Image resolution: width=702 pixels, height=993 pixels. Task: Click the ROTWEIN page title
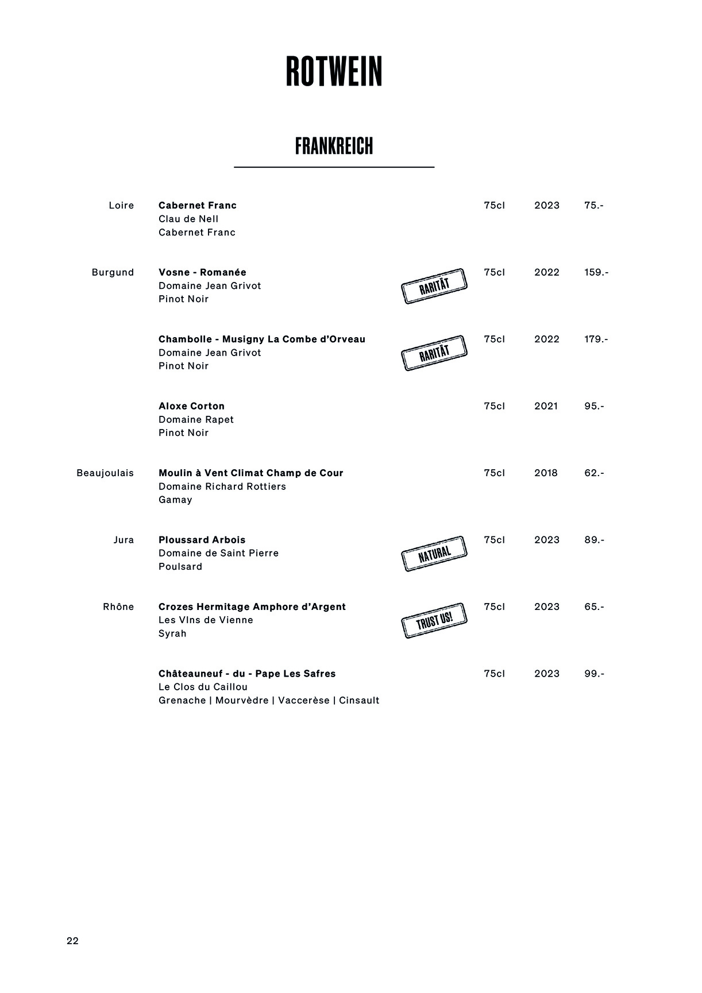334,72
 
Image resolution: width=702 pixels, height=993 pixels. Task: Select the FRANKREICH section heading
334,146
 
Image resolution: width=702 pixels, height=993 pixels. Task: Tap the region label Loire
121,206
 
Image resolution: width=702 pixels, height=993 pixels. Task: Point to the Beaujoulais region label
105,473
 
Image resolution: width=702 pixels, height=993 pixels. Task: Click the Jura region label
124,540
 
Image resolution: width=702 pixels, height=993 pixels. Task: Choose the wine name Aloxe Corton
191,406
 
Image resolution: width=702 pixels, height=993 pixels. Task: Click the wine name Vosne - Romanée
202,272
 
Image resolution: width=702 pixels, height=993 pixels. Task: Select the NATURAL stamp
434,554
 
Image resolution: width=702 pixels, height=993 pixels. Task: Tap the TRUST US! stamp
434,621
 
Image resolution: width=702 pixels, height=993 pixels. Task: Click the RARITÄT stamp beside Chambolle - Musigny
434,353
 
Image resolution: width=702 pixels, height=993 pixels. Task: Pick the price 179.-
596,339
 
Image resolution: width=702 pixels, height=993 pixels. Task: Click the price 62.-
594,473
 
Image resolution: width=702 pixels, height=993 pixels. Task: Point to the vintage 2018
546,473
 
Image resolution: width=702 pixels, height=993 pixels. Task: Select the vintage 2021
546,406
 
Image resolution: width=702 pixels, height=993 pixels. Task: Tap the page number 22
72,941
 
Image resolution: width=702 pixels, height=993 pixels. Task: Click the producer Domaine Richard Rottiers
222,486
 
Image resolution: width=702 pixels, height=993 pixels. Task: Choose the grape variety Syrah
172,633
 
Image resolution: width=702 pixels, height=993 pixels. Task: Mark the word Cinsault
359,701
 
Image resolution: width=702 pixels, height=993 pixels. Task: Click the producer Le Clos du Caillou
203,687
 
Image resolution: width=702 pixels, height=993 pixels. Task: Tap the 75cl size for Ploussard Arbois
494,540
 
